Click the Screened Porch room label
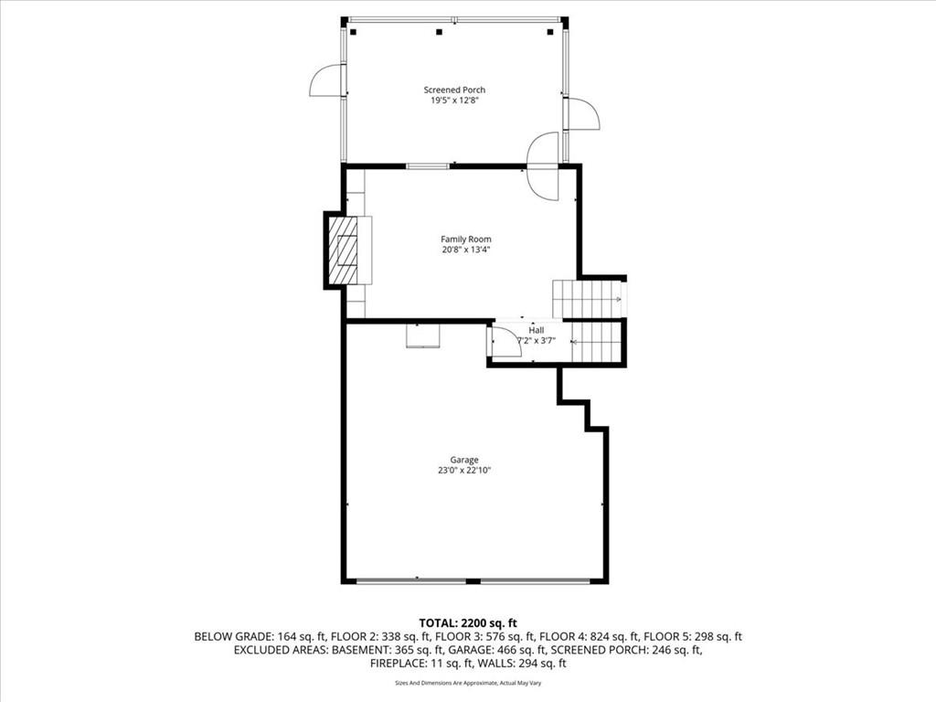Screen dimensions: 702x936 (454, 90)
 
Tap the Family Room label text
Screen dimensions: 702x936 (466, 239)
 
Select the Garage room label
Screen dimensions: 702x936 (463, 460)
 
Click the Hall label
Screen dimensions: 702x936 (536, 330)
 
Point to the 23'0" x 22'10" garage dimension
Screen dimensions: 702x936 (463, 471)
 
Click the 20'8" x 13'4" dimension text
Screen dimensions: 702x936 (466, 250)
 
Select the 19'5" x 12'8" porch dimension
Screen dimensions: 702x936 (454, 101)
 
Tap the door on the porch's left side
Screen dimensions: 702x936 (326, 82)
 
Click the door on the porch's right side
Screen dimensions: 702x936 (581, 114)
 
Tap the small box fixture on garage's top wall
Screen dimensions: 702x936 (423, 335)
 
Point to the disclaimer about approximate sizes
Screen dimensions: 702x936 (467, 683)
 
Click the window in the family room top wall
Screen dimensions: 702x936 (428, 166)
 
